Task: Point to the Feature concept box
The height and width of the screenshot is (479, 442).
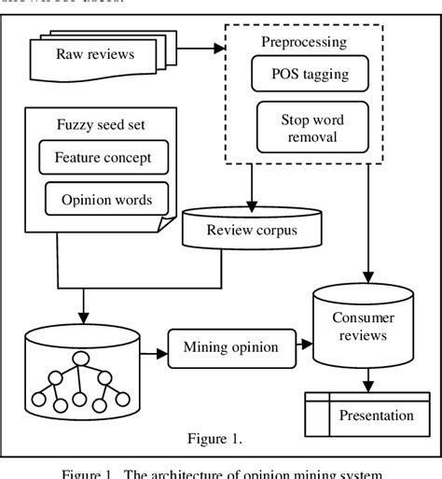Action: click(x=103, y=157)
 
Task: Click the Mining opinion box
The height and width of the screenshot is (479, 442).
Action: click(x=229, y=347)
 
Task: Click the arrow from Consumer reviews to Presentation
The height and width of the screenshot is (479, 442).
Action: click(x=371, y=380)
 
